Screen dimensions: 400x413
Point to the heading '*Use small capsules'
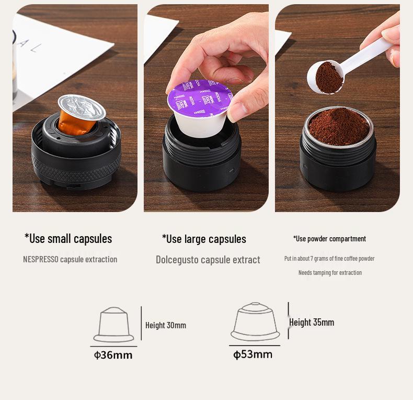point(68,239)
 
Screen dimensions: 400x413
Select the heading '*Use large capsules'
point(204,239)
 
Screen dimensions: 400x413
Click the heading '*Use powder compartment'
point(329,239)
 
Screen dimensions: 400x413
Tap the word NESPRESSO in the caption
point(40,259)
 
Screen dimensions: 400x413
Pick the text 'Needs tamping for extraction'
point(330,272)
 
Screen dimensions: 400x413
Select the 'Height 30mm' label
point(166,325)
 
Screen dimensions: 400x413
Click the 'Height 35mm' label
point(312,322)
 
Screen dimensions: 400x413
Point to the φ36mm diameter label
point(113,355)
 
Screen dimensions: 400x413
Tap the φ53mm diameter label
point(253,354)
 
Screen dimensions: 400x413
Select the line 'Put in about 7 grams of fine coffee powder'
point(329,259)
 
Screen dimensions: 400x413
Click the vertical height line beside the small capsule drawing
point(141,324)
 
